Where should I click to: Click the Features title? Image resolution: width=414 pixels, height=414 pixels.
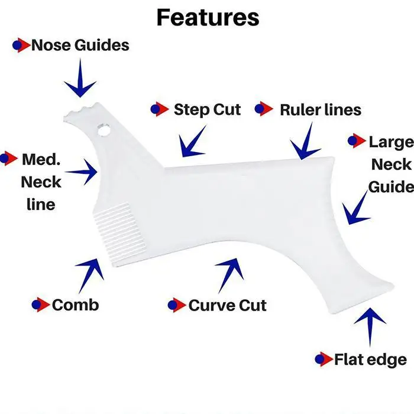208,17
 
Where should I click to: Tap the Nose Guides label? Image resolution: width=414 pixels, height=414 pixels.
80,45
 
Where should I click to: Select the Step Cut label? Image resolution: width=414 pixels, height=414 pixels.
207,109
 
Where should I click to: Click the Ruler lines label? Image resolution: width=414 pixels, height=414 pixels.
320,109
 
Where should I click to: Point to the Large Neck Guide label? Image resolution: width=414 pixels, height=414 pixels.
390,164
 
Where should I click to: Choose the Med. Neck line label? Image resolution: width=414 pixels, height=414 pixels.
41,182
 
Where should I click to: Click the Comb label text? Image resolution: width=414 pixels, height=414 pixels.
75,305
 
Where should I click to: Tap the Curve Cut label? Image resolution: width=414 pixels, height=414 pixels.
227,305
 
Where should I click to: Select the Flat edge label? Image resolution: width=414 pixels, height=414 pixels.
370,359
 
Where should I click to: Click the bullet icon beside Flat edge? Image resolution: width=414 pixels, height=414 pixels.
323,359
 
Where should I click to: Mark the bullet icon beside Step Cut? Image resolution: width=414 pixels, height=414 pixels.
159,109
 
